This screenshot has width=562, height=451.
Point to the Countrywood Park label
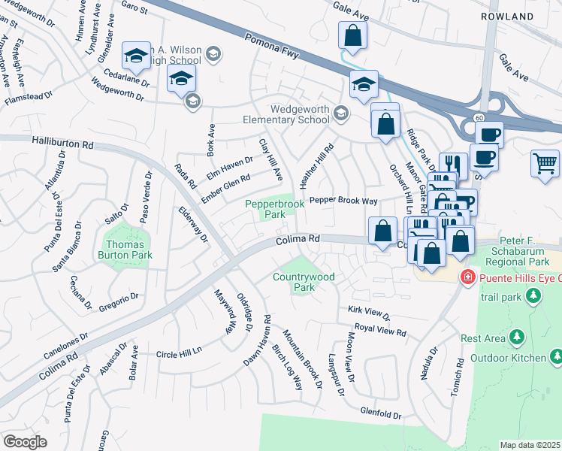[x=304, y=282]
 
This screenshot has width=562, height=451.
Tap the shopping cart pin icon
[x=545, y=163]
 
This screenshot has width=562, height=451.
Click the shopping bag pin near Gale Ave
[x=352, y=35]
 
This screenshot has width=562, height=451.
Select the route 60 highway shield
[x=479, y=118]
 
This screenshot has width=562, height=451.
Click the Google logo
[x=25, y=442]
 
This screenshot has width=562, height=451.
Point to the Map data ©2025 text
[x=530, y=445]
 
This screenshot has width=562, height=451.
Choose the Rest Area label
[x=482, y=338]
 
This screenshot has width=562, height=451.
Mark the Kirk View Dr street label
[x=369, y=310]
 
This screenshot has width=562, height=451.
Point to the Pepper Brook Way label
[x=343, y=201]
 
